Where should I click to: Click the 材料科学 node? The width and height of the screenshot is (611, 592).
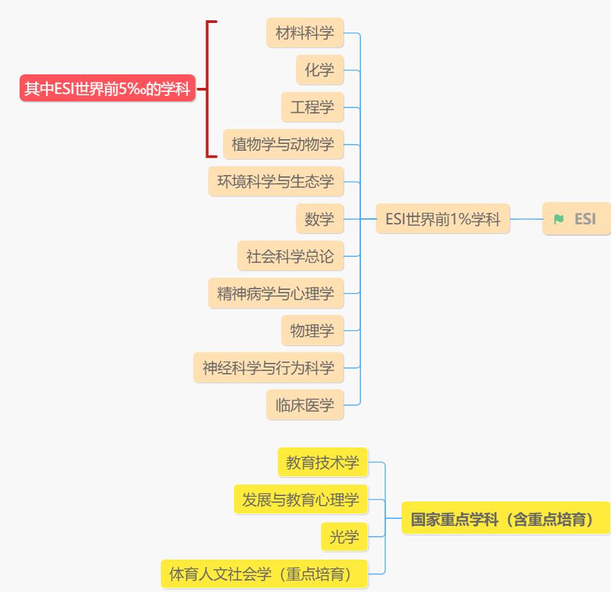pyautogui.click(x=305, y=32)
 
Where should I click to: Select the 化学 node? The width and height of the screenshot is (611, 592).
pyautogui.click(x=320, y=70)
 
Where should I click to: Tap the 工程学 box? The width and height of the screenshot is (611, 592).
pyautogui.click(x=312, y=107)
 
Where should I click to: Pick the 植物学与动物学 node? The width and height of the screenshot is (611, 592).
pyautogui.click(x=283, y=144)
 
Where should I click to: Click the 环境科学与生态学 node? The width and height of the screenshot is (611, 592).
pyautogui.click(x=276, y=181)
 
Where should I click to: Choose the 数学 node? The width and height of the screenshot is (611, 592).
pyautogui.click(x=320, y=219)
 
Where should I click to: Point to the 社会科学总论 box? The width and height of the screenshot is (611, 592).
pyautogui.click(x=291, y=256)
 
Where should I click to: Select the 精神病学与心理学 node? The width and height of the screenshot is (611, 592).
pyautogui.click(x=276, y=293)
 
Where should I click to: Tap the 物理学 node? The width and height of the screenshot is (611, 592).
pyautogui.click(x=312, y=330)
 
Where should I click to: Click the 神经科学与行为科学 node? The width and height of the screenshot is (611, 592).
pyautogui.click(x=268, y=368)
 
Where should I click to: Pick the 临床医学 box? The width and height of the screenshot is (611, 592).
pyautogui.click(x=305, y=405)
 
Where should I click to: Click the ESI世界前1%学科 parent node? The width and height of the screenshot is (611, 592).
pyautogui.click(x=443, y=219)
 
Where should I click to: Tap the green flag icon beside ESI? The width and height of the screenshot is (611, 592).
pyautogui.click(x=558, y=219)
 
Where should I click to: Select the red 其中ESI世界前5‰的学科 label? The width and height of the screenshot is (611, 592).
pyautogui.click(x=107, y=89)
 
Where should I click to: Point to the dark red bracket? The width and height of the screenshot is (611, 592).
pyautogui.click(x=207, y=89)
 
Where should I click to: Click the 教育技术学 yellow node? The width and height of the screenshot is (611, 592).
pyautogui.click(x=322, y=462)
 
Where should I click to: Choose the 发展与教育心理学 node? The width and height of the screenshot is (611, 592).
pyautogui.click(x=301, y=499)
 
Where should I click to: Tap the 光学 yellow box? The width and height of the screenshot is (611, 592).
pyautogui.click(x=344, y=537)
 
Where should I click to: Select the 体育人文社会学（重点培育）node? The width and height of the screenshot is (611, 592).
pyautogui.click(x=264, y=574)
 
